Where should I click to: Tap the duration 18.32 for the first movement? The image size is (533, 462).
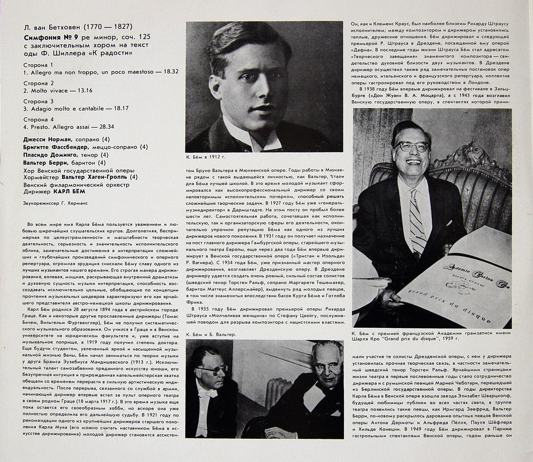pyautogui.click(x=170, y=72)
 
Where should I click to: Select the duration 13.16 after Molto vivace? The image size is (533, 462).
pyautogui.click(x=85, y=90)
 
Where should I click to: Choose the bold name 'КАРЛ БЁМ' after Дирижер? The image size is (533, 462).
pyautogui.click(x=69, y=192)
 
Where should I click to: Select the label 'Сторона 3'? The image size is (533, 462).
pyautogui.click(x=38, y=101)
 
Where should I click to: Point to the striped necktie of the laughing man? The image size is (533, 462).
pyautogui.click(x=417, y=219)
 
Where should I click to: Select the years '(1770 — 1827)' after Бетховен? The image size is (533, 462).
pyautogui.click(x=108, y=27)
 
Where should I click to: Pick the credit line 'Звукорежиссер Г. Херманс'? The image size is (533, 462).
pyautogui.click(x=55, y=203)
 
